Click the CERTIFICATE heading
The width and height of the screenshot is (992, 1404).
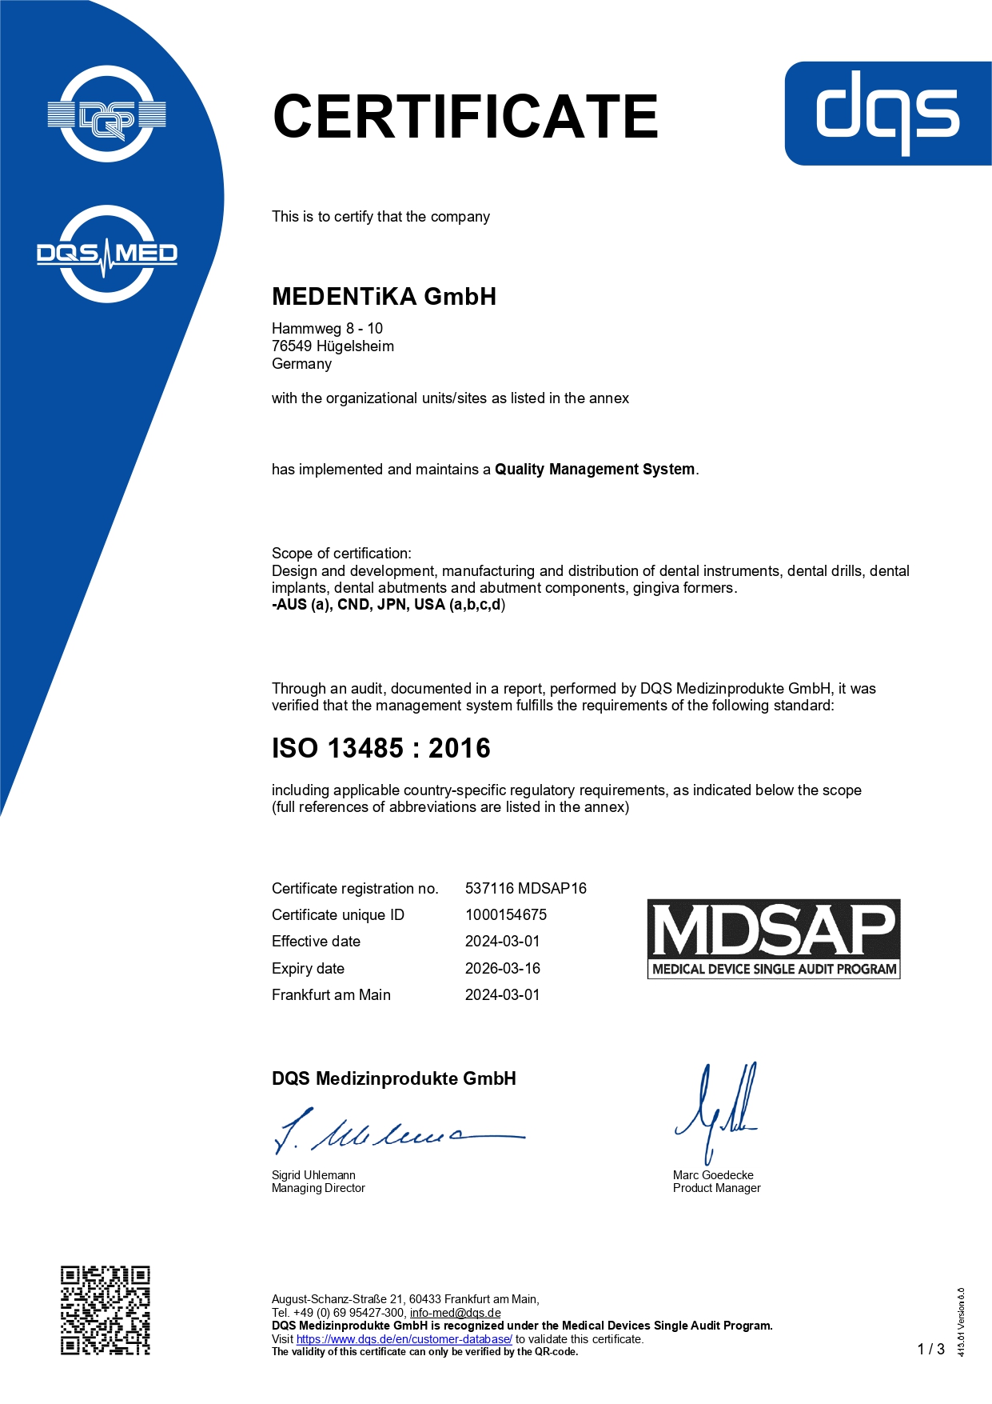(465, 117)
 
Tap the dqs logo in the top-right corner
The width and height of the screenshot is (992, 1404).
(887, 114)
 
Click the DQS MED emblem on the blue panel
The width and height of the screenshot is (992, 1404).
(107, 254)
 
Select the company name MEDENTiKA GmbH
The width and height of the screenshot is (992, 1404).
(384, 297)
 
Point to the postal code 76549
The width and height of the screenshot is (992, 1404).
(292, 346)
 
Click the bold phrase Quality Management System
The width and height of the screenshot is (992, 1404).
(595, 470)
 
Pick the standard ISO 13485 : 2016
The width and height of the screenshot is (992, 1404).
(380, 749)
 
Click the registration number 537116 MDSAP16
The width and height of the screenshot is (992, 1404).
(525, 889)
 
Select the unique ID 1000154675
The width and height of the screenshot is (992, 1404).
(505, 915)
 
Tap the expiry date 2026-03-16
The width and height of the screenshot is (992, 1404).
(502, 969)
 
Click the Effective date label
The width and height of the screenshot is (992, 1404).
(316, 942)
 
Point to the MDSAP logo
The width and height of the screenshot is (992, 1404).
(773, 938)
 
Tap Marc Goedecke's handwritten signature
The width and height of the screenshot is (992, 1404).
(716, 1112)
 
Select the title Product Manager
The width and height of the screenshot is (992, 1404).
(716, 1189)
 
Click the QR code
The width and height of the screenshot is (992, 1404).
(106, 1310)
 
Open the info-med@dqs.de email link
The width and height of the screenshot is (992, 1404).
(455, 1313)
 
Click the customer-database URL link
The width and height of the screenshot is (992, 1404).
(404, 1339)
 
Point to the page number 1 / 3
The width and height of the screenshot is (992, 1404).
(930, 1350)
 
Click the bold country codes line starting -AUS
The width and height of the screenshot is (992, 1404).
(388, 605)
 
